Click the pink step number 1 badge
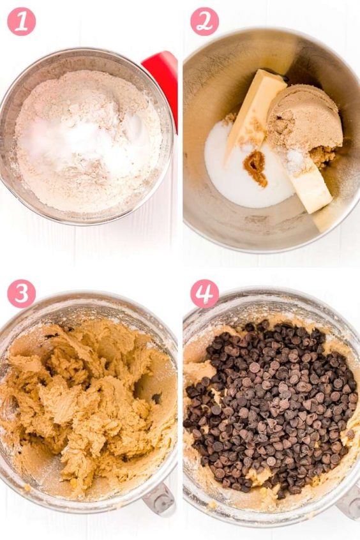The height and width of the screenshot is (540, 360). tap(21, 21)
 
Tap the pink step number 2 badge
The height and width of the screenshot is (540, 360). tap(204, 21)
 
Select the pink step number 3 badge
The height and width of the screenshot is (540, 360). tap(21, 293)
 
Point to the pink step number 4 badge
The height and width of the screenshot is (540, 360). tap(204, 293)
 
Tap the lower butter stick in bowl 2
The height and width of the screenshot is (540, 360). tap(310, 188)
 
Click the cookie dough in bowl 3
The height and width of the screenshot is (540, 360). tap(89, 402)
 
